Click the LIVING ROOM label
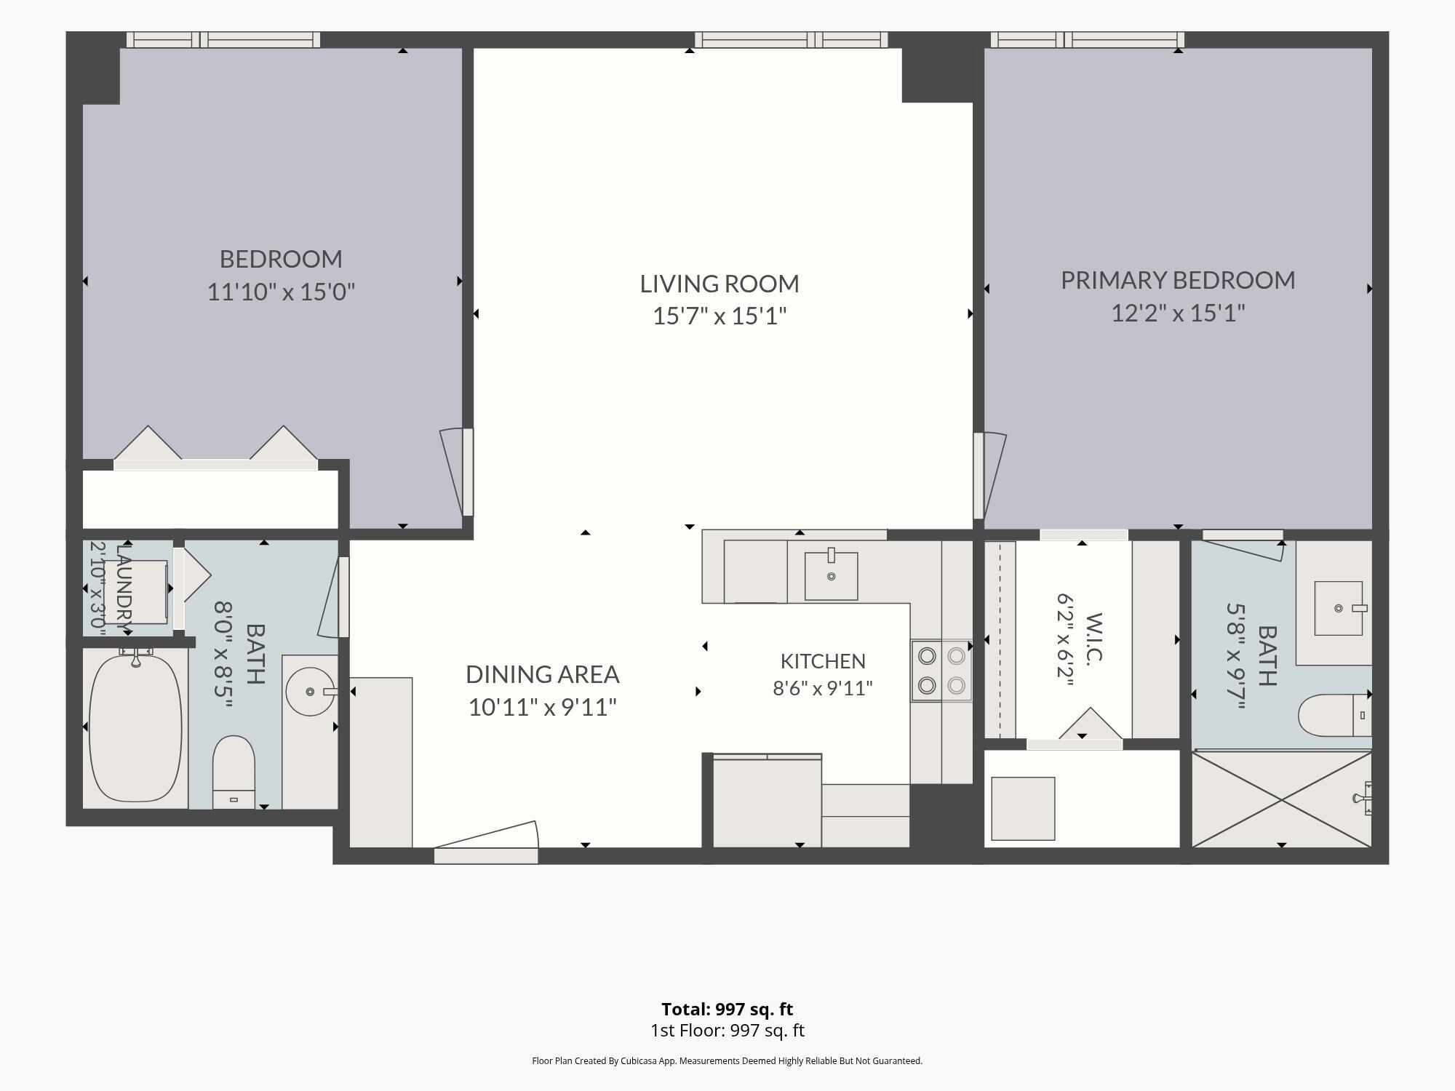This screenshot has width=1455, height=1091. (x=719, y=284)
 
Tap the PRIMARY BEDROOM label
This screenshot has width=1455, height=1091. (x=1178, y=280)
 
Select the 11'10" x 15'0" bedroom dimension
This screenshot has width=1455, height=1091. (x=281, y=292)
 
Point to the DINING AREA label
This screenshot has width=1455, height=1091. (x=542, y=674)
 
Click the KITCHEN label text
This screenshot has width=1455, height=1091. (x=823, y=661)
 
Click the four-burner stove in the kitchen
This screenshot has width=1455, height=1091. (x=941, y=671)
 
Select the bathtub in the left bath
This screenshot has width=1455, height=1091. (x=135, y=727)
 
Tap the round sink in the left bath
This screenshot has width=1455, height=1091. (x=310, y=692)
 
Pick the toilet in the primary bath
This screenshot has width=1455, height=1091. (x=1334, y=715)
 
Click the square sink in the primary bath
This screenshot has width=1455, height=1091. (x=1339, y=608)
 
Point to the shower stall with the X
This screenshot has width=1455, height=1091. (x=1282, y=799)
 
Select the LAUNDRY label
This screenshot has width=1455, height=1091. (x=124, y=588)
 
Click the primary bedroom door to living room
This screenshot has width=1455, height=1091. (x=989, y=476)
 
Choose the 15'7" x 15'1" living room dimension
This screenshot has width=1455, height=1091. (x=719, y=316)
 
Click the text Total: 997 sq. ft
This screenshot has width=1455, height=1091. (x=727, y=1010)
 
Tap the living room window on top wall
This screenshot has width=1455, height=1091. (x=791, y=40)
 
